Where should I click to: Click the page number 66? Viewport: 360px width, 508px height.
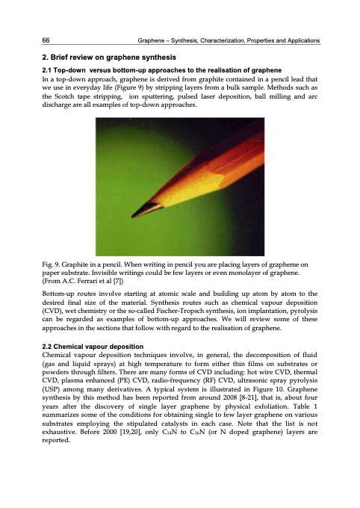coord(46,39)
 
